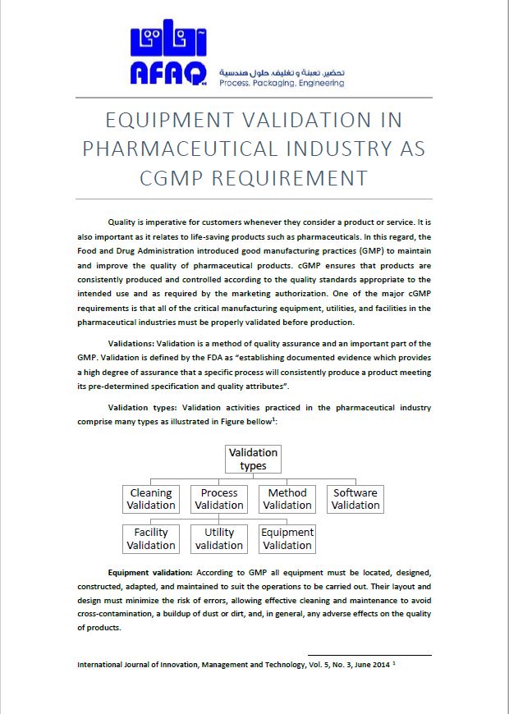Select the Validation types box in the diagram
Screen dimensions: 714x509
tap(253, 459)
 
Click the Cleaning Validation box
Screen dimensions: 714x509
tap(151, 499)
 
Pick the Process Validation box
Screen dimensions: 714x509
tap(219, 499)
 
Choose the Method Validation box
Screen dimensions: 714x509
tap(287, 499)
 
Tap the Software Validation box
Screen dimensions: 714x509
tap(355, 499)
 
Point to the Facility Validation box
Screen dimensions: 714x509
tap(151, 539)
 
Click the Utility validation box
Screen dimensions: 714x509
tap(219, 539)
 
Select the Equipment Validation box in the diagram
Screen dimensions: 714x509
tap(287, 539)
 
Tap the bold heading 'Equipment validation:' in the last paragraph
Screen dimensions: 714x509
tap(150, 571)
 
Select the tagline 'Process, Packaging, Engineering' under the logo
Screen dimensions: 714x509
tap(282, 83)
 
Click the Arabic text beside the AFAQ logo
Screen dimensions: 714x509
tap(282, 72)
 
